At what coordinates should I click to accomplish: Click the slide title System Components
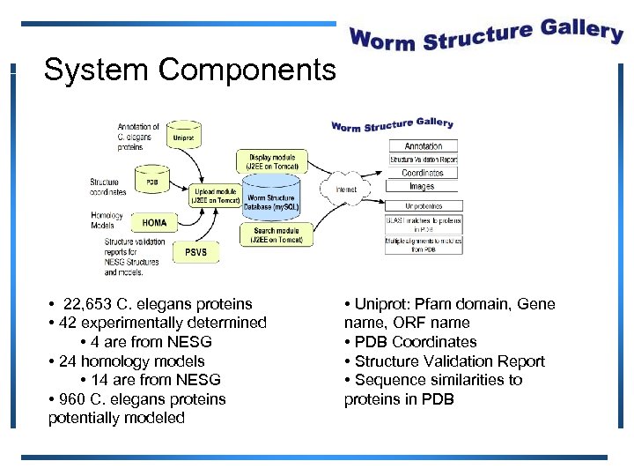pos(189,70)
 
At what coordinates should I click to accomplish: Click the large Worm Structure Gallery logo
pos(486,36)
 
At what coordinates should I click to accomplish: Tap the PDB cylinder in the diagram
pos(152,182)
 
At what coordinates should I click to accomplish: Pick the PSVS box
pos(195,251)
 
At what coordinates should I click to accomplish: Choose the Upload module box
pos(216,195)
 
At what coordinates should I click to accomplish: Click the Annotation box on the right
pos(424,146)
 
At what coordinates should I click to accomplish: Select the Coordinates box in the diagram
pos(423,173)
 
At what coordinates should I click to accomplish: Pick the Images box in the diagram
pos(423,186)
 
